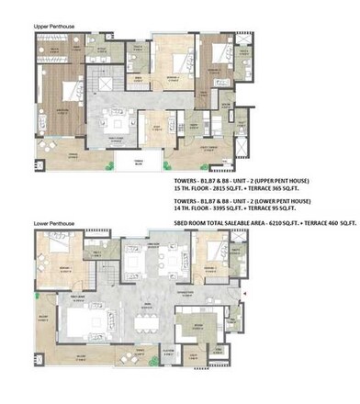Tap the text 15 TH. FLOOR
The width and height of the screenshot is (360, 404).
pyautogui.click(x=195, y=189)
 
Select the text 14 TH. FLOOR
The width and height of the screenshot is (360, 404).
pyautogui.click(x=195, y=206)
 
